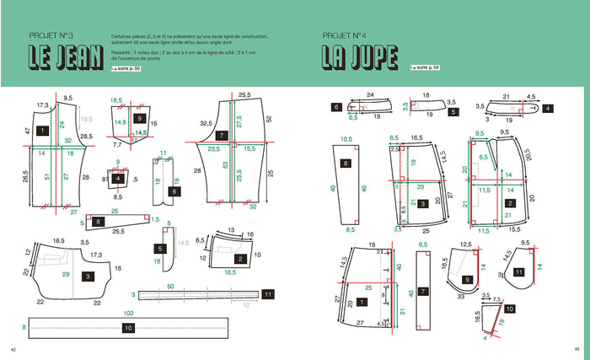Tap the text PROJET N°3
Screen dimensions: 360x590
click(51, 35)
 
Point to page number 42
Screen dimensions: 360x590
click(13, 350)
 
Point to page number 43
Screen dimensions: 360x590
click(577, 350)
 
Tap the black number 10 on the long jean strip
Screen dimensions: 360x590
click(129, 326)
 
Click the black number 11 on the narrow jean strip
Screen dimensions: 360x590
click(267, 294)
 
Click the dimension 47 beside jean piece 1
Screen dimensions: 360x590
click(28, 132)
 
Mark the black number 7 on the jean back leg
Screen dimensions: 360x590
click(222, 135)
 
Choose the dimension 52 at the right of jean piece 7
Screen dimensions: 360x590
click(269, 119)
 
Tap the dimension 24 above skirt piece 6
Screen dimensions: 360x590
click(370, 94)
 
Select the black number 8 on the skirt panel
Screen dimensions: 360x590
click(346, 162)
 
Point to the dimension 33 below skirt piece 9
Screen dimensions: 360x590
click(462, 297)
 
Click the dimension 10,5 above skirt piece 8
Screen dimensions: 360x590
click(345, 139)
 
